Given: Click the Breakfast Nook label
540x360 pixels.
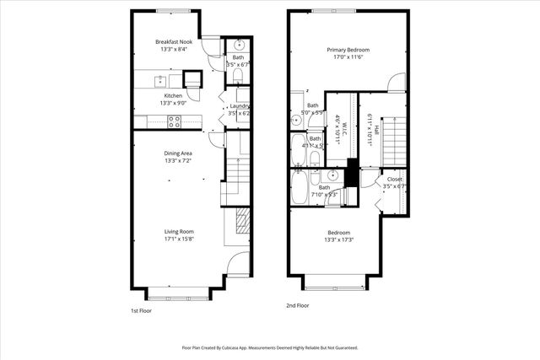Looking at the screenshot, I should [174, 41].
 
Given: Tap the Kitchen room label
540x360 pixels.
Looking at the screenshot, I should [173, 96].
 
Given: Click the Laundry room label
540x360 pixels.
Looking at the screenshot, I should [240, 105].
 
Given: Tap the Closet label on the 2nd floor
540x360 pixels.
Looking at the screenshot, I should [394, 180].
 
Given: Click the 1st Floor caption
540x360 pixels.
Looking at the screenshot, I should [140, 310].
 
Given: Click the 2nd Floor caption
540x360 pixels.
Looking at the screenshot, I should [299, 306].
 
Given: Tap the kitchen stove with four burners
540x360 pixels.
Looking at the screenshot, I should [175, 121].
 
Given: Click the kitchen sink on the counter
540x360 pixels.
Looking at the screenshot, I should [159, 81].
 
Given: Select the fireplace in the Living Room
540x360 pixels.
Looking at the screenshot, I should [241, 222].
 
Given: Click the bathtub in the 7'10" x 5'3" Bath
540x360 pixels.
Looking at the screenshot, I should [300, 189].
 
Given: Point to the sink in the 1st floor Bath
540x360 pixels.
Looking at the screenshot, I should [239, 46].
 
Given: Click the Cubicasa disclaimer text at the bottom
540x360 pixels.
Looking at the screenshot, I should [270, 347].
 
